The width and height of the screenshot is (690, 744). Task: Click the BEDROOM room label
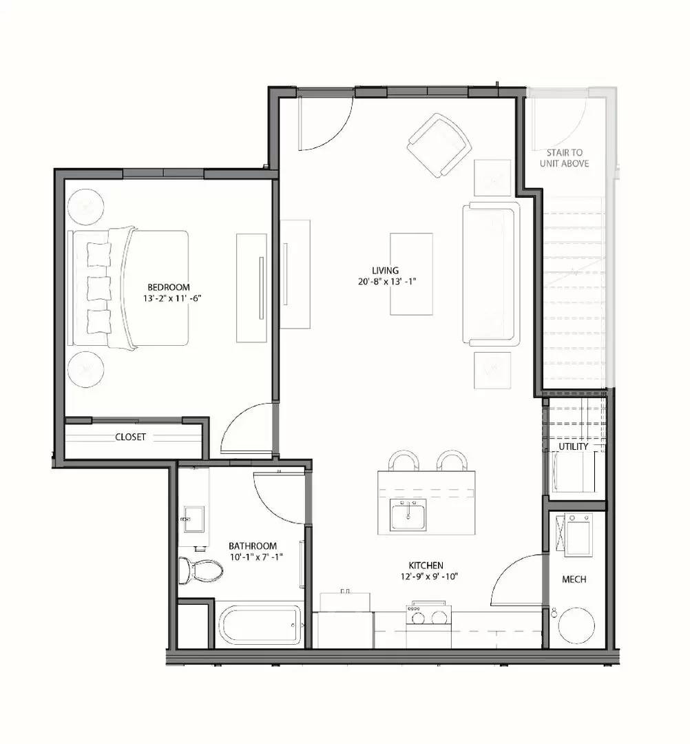(x=168, y=287)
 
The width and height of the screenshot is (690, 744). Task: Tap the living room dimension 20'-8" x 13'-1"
(x=387, y=282)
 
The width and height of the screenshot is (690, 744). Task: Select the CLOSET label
(x=130, y=437)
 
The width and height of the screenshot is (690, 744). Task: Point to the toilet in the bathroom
(x=200, y=570)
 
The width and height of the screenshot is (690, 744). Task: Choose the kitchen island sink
(x=408, y=515)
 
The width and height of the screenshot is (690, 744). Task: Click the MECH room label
(x=574, y=579)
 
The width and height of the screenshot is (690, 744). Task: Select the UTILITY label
(x=573, y=446)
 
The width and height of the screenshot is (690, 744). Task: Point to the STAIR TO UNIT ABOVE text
(x=565, y=158)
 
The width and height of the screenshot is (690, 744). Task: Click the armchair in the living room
(x=439, y=145)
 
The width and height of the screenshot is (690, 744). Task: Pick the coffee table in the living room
(x=411, y=273)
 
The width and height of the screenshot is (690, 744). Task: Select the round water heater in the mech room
(x=576, y=625)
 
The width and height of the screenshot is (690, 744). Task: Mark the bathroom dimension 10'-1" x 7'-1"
(x=256, y=557)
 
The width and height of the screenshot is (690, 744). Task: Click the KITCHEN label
(x=426, y=566)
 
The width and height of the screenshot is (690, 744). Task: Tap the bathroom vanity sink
(x=194, y=519)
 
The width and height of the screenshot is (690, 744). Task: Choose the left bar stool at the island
(x=404, y=460)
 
